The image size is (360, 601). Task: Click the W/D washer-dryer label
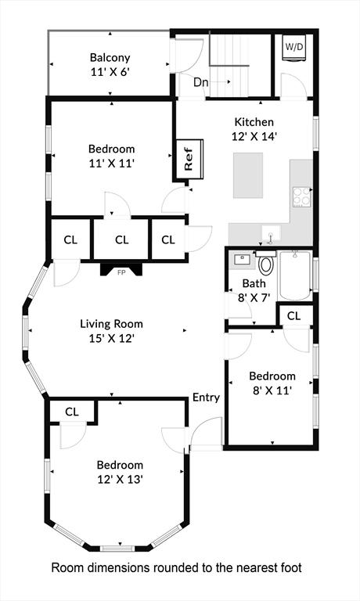tap(294, 47)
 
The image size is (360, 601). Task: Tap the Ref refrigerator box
tap(189, 159)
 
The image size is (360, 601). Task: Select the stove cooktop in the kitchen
tap(302, 196)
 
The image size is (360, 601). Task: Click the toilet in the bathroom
tap(265, 263)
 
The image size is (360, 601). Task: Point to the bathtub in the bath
tap(295, 275)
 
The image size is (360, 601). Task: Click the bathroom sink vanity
tap(242, 260)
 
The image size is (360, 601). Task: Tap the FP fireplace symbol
tap(121, 269)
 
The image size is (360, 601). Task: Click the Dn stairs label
tap(200, 82)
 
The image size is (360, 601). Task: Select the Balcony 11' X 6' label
tap(110, 65)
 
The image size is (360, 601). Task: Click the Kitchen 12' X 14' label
tap(254, 129)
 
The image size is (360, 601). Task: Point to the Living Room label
tap(111, 324)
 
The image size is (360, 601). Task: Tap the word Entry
tap(206, 398)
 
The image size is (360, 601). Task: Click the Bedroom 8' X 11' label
tap(272, 383)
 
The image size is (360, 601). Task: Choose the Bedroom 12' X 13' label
tap(120, 472)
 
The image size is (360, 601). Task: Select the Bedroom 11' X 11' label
tap(112, 156)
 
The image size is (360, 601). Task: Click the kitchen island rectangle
tap(248, 175)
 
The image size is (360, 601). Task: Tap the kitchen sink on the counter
tap(271, 233)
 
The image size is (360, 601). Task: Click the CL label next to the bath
tap(294, 316)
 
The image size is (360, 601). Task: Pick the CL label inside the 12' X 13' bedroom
tap(72, 412)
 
